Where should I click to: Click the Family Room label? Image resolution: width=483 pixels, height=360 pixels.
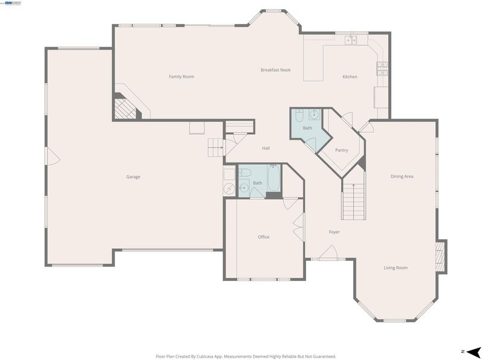pyautogui.click(x=182, y=77)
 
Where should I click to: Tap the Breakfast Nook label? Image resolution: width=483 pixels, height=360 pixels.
pyautogui.click(x=276, y=70)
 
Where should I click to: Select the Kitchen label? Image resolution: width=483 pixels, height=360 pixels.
pyautogui.click(x=350, y=77)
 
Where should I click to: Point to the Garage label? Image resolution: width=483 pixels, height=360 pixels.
pyautogui.click(x=133, y=176)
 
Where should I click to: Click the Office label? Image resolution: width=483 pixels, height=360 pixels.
pyautogui.click(x=263, y=237)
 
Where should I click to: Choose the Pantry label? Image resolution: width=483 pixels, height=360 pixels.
pyautogui.click(x=341, y=150)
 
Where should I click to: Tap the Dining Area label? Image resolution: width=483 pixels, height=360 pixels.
pyautogui.click(x=401, y=176)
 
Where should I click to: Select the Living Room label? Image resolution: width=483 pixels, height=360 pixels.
pyautogui.click(x=395, y=268)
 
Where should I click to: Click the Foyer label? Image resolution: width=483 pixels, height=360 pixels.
pyautogui.click(x=334, y=232)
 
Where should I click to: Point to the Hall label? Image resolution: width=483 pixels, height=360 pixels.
pyautogui.click(x=266, y=148)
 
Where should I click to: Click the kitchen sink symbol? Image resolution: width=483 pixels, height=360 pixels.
pyautogui.click(x=351, y=40)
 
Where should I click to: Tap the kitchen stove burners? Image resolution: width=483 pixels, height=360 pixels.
pyautogui.click(x=383, y=69)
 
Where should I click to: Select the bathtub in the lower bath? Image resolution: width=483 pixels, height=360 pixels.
pyautogui.click(x=273, y=178)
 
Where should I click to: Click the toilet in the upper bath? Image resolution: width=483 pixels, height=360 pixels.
pyautogui.click(x=299, y=115)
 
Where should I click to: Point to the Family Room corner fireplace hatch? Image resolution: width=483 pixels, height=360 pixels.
pyautogui.click(x=125, y=108)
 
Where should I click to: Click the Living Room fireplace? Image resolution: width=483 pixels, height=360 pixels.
pyautogui.click(x=441, y=257)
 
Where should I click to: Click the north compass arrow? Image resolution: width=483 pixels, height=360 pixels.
pyautogui.click(x=473, y=352)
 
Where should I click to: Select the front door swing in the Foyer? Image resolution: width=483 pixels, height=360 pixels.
pyautogui.click(x=328, y=252)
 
